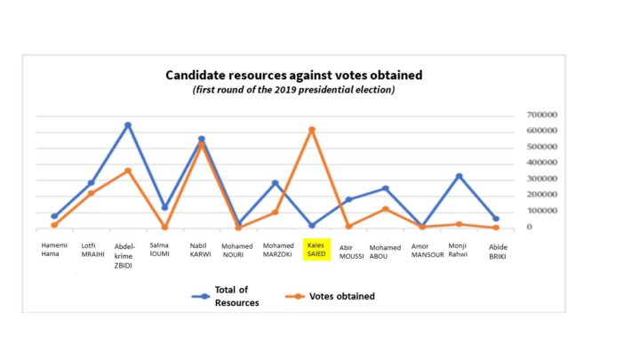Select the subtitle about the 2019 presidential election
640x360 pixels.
(x=292, y=90)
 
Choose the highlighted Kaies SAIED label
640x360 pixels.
(x=316, y=249)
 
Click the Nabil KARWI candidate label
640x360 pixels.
(x=201, y=249)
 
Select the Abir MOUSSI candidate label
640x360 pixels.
(x=352, y=252)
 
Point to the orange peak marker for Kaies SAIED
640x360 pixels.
(x=312, y=130)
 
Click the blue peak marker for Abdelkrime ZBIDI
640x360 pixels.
(x=128, y=125)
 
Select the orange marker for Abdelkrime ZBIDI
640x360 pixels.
(x=128, y=171)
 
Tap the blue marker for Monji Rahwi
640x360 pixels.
(x=460, y=176)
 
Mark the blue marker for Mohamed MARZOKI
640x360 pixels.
(x=276, y=183)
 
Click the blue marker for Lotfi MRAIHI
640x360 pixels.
(x=91, y=183)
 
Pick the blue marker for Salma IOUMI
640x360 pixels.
(x=164, y=208)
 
